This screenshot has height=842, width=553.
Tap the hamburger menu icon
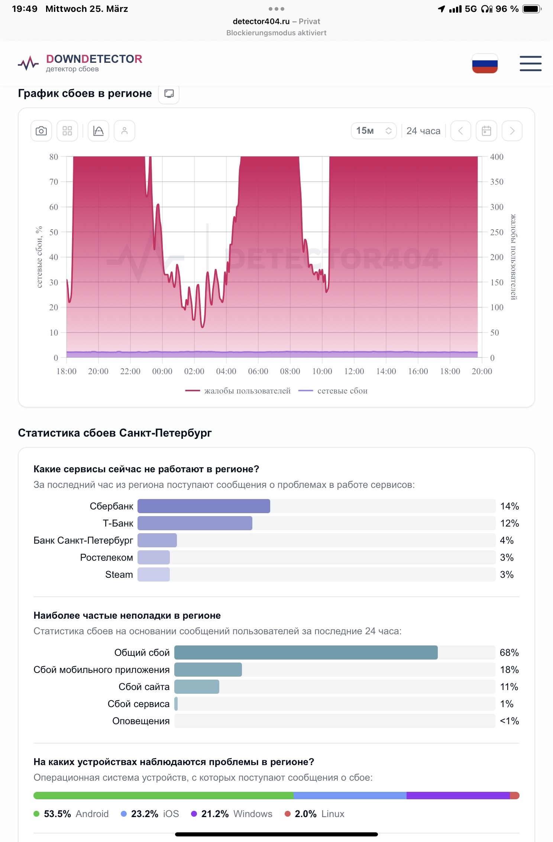click(530, 64)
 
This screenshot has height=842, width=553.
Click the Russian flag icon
click(485, 64)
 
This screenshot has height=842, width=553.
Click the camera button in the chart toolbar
click(41, 131)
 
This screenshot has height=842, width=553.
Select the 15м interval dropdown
click(373, 131)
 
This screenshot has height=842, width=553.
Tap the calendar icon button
click(486, 131)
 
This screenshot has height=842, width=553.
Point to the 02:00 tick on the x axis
click(194, 371)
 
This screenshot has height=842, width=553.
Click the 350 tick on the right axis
click(497, 182)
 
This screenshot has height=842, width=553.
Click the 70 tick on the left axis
click(54, 182)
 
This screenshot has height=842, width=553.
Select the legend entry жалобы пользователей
click(238, 391)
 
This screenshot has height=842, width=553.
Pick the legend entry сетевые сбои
click(333, 391)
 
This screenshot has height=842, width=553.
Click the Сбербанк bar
click(204, 506)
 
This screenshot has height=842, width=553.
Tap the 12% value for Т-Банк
click(509, 523)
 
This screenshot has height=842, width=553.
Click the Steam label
click(119, 574)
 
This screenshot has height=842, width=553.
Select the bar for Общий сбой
click(306, 652)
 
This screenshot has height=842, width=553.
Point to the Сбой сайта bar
click(197, 687)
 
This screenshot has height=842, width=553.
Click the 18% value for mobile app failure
click(509, 670)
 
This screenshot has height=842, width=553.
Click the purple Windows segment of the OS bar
click(458, 796)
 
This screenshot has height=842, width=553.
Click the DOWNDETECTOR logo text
click(94, 59)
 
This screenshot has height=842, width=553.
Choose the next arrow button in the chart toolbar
click(512, 131)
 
